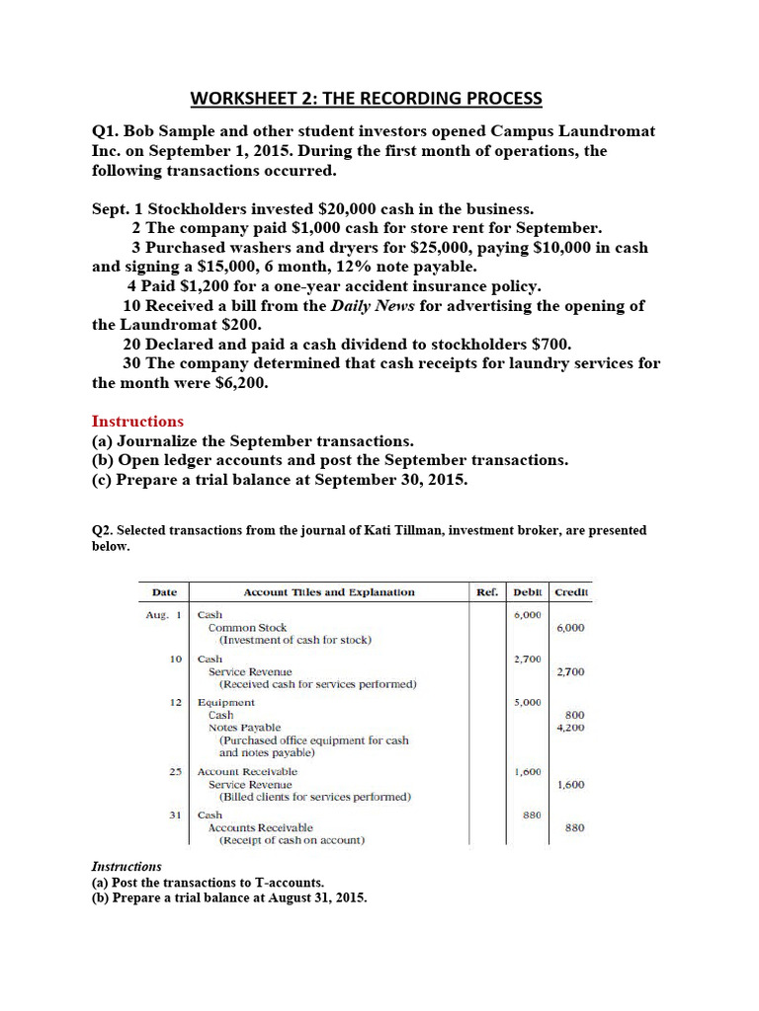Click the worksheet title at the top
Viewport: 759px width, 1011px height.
pos(366,98)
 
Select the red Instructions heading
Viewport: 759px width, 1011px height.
pos(137,421)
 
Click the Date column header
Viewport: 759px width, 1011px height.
pos(164,592)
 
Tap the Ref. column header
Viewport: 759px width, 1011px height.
pos(487,592)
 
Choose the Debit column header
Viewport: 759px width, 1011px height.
pos(527,592)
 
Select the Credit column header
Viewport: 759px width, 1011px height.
pos(571,592)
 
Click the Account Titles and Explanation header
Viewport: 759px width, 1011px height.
pos(329,592)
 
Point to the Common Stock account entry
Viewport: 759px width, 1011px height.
pos(247,627)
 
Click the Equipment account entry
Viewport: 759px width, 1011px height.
pos(226,702)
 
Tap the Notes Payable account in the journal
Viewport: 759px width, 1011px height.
pos(244,728)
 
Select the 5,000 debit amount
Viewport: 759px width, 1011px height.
pos(528,702)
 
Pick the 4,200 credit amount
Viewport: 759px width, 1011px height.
pos(570,728)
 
